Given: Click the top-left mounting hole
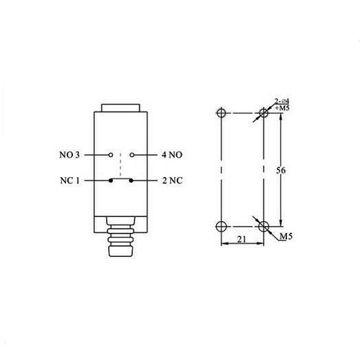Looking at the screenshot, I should [x=220, y=113].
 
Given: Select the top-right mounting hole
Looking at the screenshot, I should [x=262, y=113].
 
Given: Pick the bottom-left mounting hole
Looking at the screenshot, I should [x=220, y=226].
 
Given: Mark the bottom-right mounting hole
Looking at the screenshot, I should [x=262, y=226].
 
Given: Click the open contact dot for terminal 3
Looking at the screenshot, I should [x=110, y=155].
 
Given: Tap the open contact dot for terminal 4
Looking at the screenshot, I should [x=131, y=155].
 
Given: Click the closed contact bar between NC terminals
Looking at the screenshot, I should [x=120, y=182].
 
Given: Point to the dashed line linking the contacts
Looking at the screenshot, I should [x=120, y=169].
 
